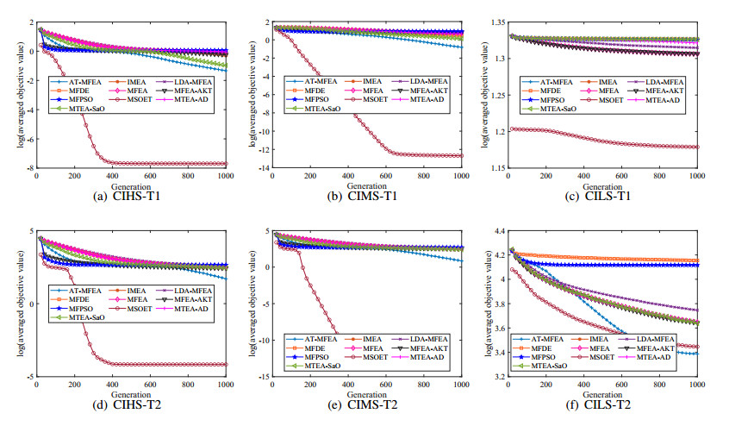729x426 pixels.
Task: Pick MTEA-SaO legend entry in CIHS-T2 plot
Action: [x=85, y=317]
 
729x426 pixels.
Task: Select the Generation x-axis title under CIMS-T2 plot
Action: [x=367, y=391]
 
